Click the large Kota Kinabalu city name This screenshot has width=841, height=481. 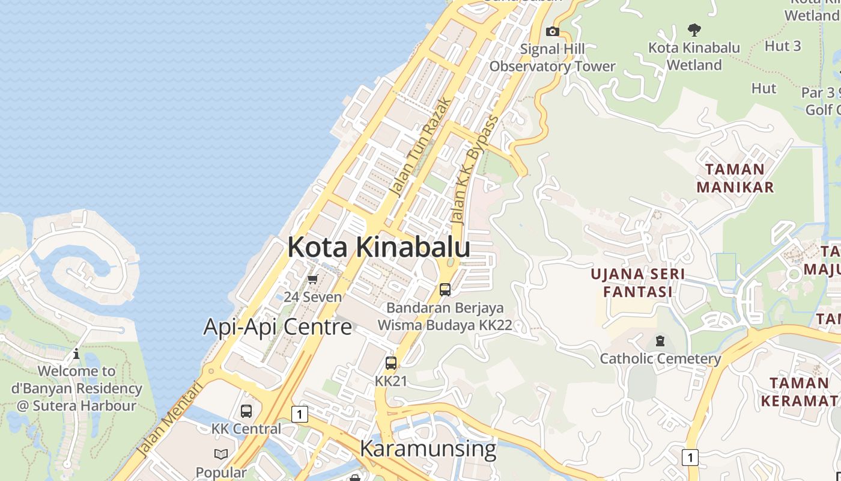tap(378, 247)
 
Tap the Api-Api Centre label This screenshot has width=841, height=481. tap(278, 326)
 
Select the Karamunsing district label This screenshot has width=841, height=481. tap(428, 449)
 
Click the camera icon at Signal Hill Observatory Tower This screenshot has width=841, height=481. tap(552, 31)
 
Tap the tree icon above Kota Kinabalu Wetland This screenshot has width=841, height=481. tap(694, 29)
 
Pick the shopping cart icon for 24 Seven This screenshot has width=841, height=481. tap(312, 280)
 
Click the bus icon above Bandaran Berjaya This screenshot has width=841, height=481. tap(445, 290)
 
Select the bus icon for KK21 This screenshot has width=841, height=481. tap(391, 363)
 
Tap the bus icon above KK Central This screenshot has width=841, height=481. tap(246, 411)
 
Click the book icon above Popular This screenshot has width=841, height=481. tap(221, 455)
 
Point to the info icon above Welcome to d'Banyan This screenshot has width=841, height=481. tap(76, 354)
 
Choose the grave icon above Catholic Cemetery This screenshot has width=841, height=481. tap(660, 341)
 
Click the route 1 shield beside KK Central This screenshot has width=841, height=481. tap(299, 414)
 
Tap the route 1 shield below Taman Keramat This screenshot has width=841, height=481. tap(690, 457)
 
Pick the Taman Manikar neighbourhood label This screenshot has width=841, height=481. tap(735, 178)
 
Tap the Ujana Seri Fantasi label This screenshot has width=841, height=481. tap(637, 283)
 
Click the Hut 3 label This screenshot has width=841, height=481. tap(783, 46)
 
